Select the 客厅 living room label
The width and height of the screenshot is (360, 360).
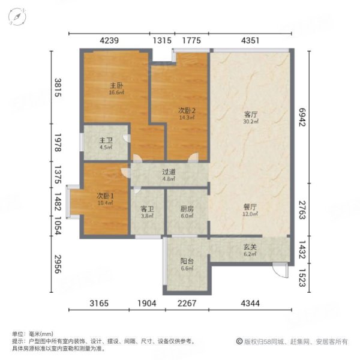251,114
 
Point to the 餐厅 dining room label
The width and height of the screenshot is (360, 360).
250,206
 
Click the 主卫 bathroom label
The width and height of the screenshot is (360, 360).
106,142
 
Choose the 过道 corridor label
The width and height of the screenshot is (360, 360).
169,171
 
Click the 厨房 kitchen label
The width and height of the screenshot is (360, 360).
187,210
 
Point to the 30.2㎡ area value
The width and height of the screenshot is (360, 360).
251,122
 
